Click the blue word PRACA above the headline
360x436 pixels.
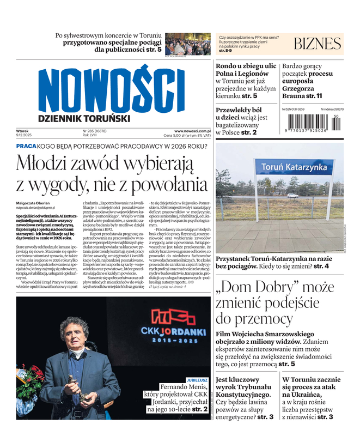[x=26, y=147]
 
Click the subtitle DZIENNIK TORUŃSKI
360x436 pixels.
[x=84, y=118]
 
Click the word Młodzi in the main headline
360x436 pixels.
[x=46, y=163]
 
